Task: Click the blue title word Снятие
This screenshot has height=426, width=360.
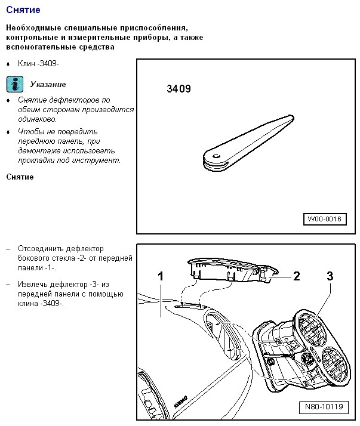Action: (23, 10)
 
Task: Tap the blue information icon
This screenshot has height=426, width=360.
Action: (15, 84)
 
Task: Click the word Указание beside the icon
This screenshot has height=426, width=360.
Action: (48, 84)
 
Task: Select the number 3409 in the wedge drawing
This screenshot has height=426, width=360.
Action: (179, 89)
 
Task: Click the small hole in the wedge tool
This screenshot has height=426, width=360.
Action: (217, 156)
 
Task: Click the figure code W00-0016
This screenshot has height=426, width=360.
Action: (325, 219)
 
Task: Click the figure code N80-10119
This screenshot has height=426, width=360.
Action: (324, 407)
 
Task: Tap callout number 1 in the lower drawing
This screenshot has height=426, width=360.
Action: (161, 276)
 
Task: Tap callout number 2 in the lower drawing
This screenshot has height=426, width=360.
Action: (296, 276)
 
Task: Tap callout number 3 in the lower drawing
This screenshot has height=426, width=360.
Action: (330, 276)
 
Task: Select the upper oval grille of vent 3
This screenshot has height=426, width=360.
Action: (312, 329)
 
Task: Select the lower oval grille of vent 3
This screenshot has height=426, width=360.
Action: (335, 365)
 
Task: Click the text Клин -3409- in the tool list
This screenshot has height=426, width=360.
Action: (38, 64)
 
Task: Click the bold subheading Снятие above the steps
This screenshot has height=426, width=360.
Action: (20, 177)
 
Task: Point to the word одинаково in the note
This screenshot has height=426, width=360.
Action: (37, 119)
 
